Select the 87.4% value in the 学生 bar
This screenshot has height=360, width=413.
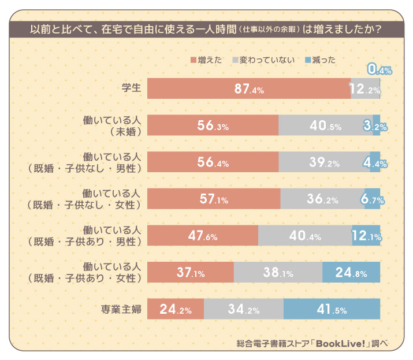249,89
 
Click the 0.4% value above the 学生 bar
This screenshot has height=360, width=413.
379,70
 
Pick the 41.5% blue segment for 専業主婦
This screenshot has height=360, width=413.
332,309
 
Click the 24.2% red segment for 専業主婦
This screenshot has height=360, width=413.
176,309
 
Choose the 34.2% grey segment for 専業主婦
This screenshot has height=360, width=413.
243,309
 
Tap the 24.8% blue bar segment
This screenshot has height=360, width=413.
351,273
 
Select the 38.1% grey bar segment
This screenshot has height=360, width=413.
278,273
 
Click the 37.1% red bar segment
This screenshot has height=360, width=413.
191,273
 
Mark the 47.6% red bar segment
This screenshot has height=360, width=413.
203,236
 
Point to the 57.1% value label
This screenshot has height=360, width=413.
214,199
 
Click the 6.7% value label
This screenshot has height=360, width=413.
373,199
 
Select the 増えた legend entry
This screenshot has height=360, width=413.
206,60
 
